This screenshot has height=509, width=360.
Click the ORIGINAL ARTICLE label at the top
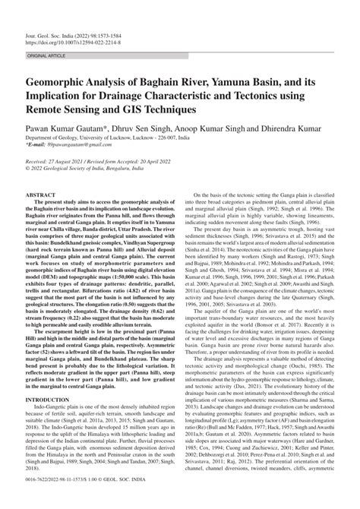click(x=47, y=55)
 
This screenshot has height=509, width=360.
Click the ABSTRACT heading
click(x=42, y=195)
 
